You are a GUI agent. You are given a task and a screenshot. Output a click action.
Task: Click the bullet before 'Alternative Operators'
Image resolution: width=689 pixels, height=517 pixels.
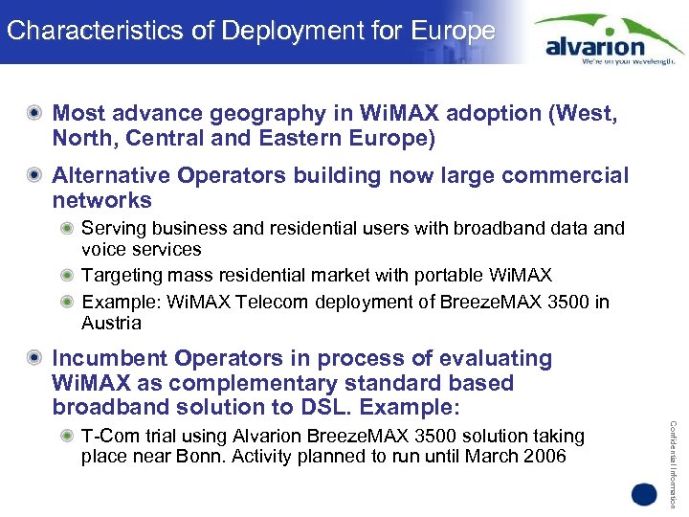click(35, 176)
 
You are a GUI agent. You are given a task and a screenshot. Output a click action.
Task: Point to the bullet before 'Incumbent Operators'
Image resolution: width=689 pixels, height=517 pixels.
click(35, 359)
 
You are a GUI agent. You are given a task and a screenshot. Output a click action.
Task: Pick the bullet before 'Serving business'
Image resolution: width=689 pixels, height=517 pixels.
click(66, 229)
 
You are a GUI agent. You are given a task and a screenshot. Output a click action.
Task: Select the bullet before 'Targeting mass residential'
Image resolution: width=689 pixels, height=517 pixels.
click(66, 276)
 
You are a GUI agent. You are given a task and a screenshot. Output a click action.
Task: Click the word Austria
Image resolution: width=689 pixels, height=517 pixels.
click(111, 324)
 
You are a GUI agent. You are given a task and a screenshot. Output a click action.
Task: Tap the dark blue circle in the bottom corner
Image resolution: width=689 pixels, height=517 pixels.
click(643, 495)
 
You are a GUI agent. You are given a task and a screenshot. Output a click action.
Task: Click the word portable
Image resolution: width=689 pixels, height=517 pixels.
click(446, 276)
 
